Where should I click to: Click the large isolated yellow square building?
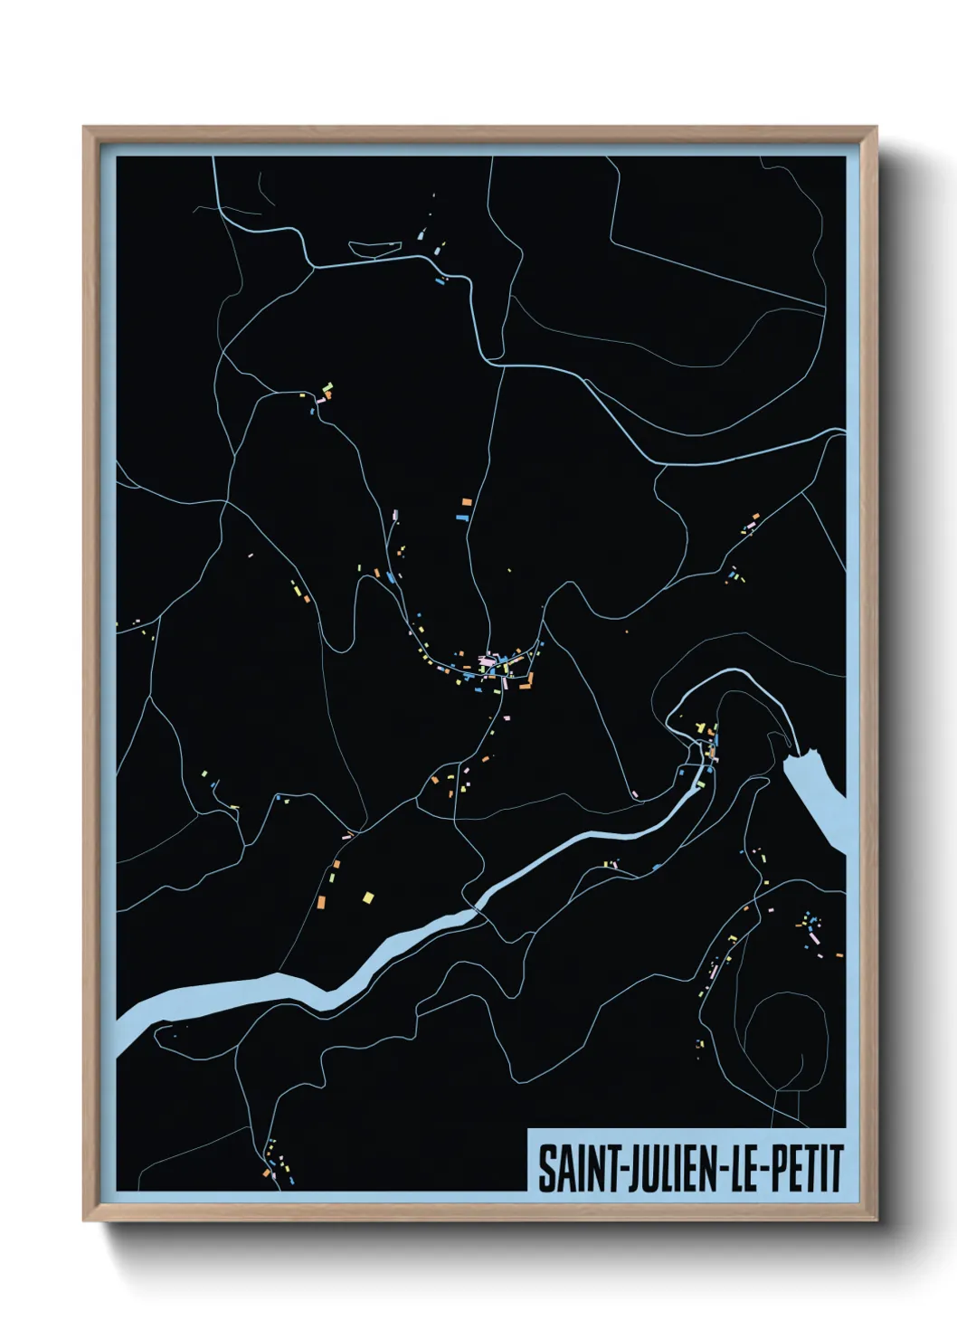tap(368, 897)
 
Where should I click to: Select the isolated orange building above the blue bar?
tap(468, 501)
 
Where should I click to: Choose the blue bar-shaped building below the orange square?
tap(461, 518)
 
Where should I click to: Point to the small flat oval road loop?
tap(374, 247)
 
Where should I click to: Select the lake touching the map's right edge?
tap(819, 796)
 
